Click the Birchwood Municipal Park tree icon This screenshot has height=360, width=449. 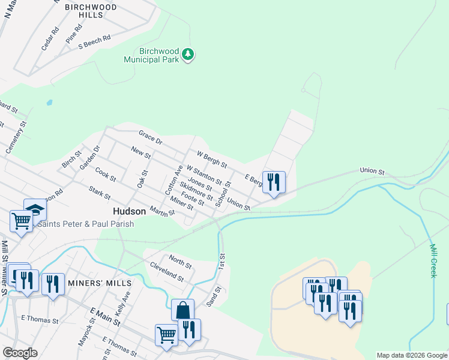189,55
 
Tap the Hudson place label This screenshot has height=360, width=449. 129,211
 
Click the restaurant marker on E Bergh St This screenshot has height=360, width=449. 274,182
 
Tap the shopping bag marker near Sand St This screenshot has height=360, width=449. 182,311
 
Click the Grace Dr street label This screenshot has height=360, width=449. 151,136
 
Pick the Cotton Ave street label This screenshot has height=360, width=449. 174,178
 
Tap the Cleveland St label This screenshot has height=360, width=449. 166,271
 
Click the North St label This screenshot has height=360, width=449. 179,262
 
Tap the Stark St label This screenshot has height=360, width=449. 100,193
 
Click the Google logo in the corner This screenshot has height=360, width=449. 20,353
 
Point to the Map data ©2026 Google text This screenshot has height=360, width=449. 412,355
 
